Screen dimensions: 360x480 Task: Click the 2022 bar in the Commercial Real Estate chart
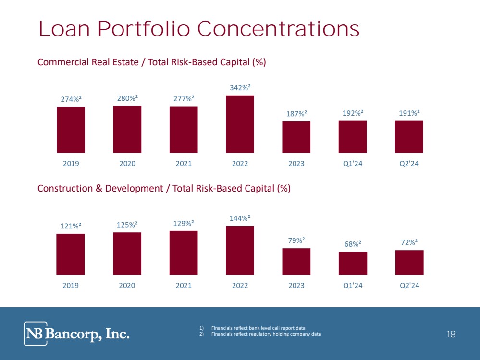coord(240,124)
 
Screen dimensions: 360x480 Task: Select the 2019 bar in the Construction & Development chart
coord(71,254)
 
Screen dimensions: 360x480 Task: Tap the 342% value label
coord(240,88)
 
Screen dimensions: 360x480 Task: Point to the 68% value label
coord(353,244)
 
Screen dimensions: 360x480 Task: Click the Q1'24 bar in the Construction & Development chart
coord(353,263)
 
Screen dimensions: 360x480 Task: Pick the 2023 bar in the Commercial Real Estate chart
coord(296,137)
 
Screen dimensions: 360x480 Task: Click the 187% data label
coord(296,114)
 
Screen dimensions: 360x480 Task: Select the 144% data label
coord(240,218)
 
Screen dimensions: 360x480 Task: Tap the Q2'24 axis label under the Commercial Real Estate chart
coord(409,164)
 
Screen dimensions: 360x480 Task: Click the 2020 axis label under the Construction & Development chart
coord(127,285)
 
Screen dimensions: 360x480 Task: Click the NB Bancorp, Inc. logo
coord(77,334)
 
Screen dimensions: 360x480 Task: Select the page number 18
coord(451,334)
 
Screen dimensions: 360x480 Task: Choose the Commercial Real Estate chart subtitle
coord(152,62)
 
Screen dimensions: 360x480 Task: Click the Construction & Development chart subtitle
coord(164,189)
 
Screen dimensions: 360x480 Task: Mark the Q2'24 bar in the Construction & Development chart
coord(409,262)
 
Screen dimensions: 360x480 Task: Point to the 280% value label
coord(127,98)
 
